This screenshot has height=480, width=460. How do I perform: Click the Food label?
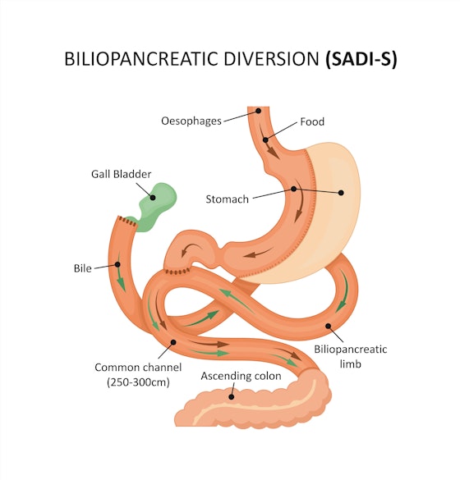(x=312, y=121)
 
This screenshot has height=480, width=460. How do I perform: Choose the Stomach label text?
(x=228, y=199)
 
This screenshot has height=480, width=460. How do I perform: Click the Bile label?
(x=83, y=267)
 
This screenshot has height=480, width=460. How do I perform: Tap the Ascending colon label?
(x=241, y=376)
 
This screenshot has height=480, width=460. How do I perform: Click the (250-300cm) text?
(x=132, y=382)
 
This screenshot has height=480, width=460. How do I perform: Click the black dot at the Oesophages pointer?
(x=257, y=110)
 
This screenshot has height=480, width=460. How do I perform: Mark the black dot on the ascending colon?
(x=232, y=396)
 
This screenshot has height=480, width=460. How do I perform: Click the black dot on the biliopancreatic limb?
(x=329, y=326)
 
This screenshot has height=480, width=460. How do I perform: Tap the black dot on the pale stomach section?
(x=343, y=193)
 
